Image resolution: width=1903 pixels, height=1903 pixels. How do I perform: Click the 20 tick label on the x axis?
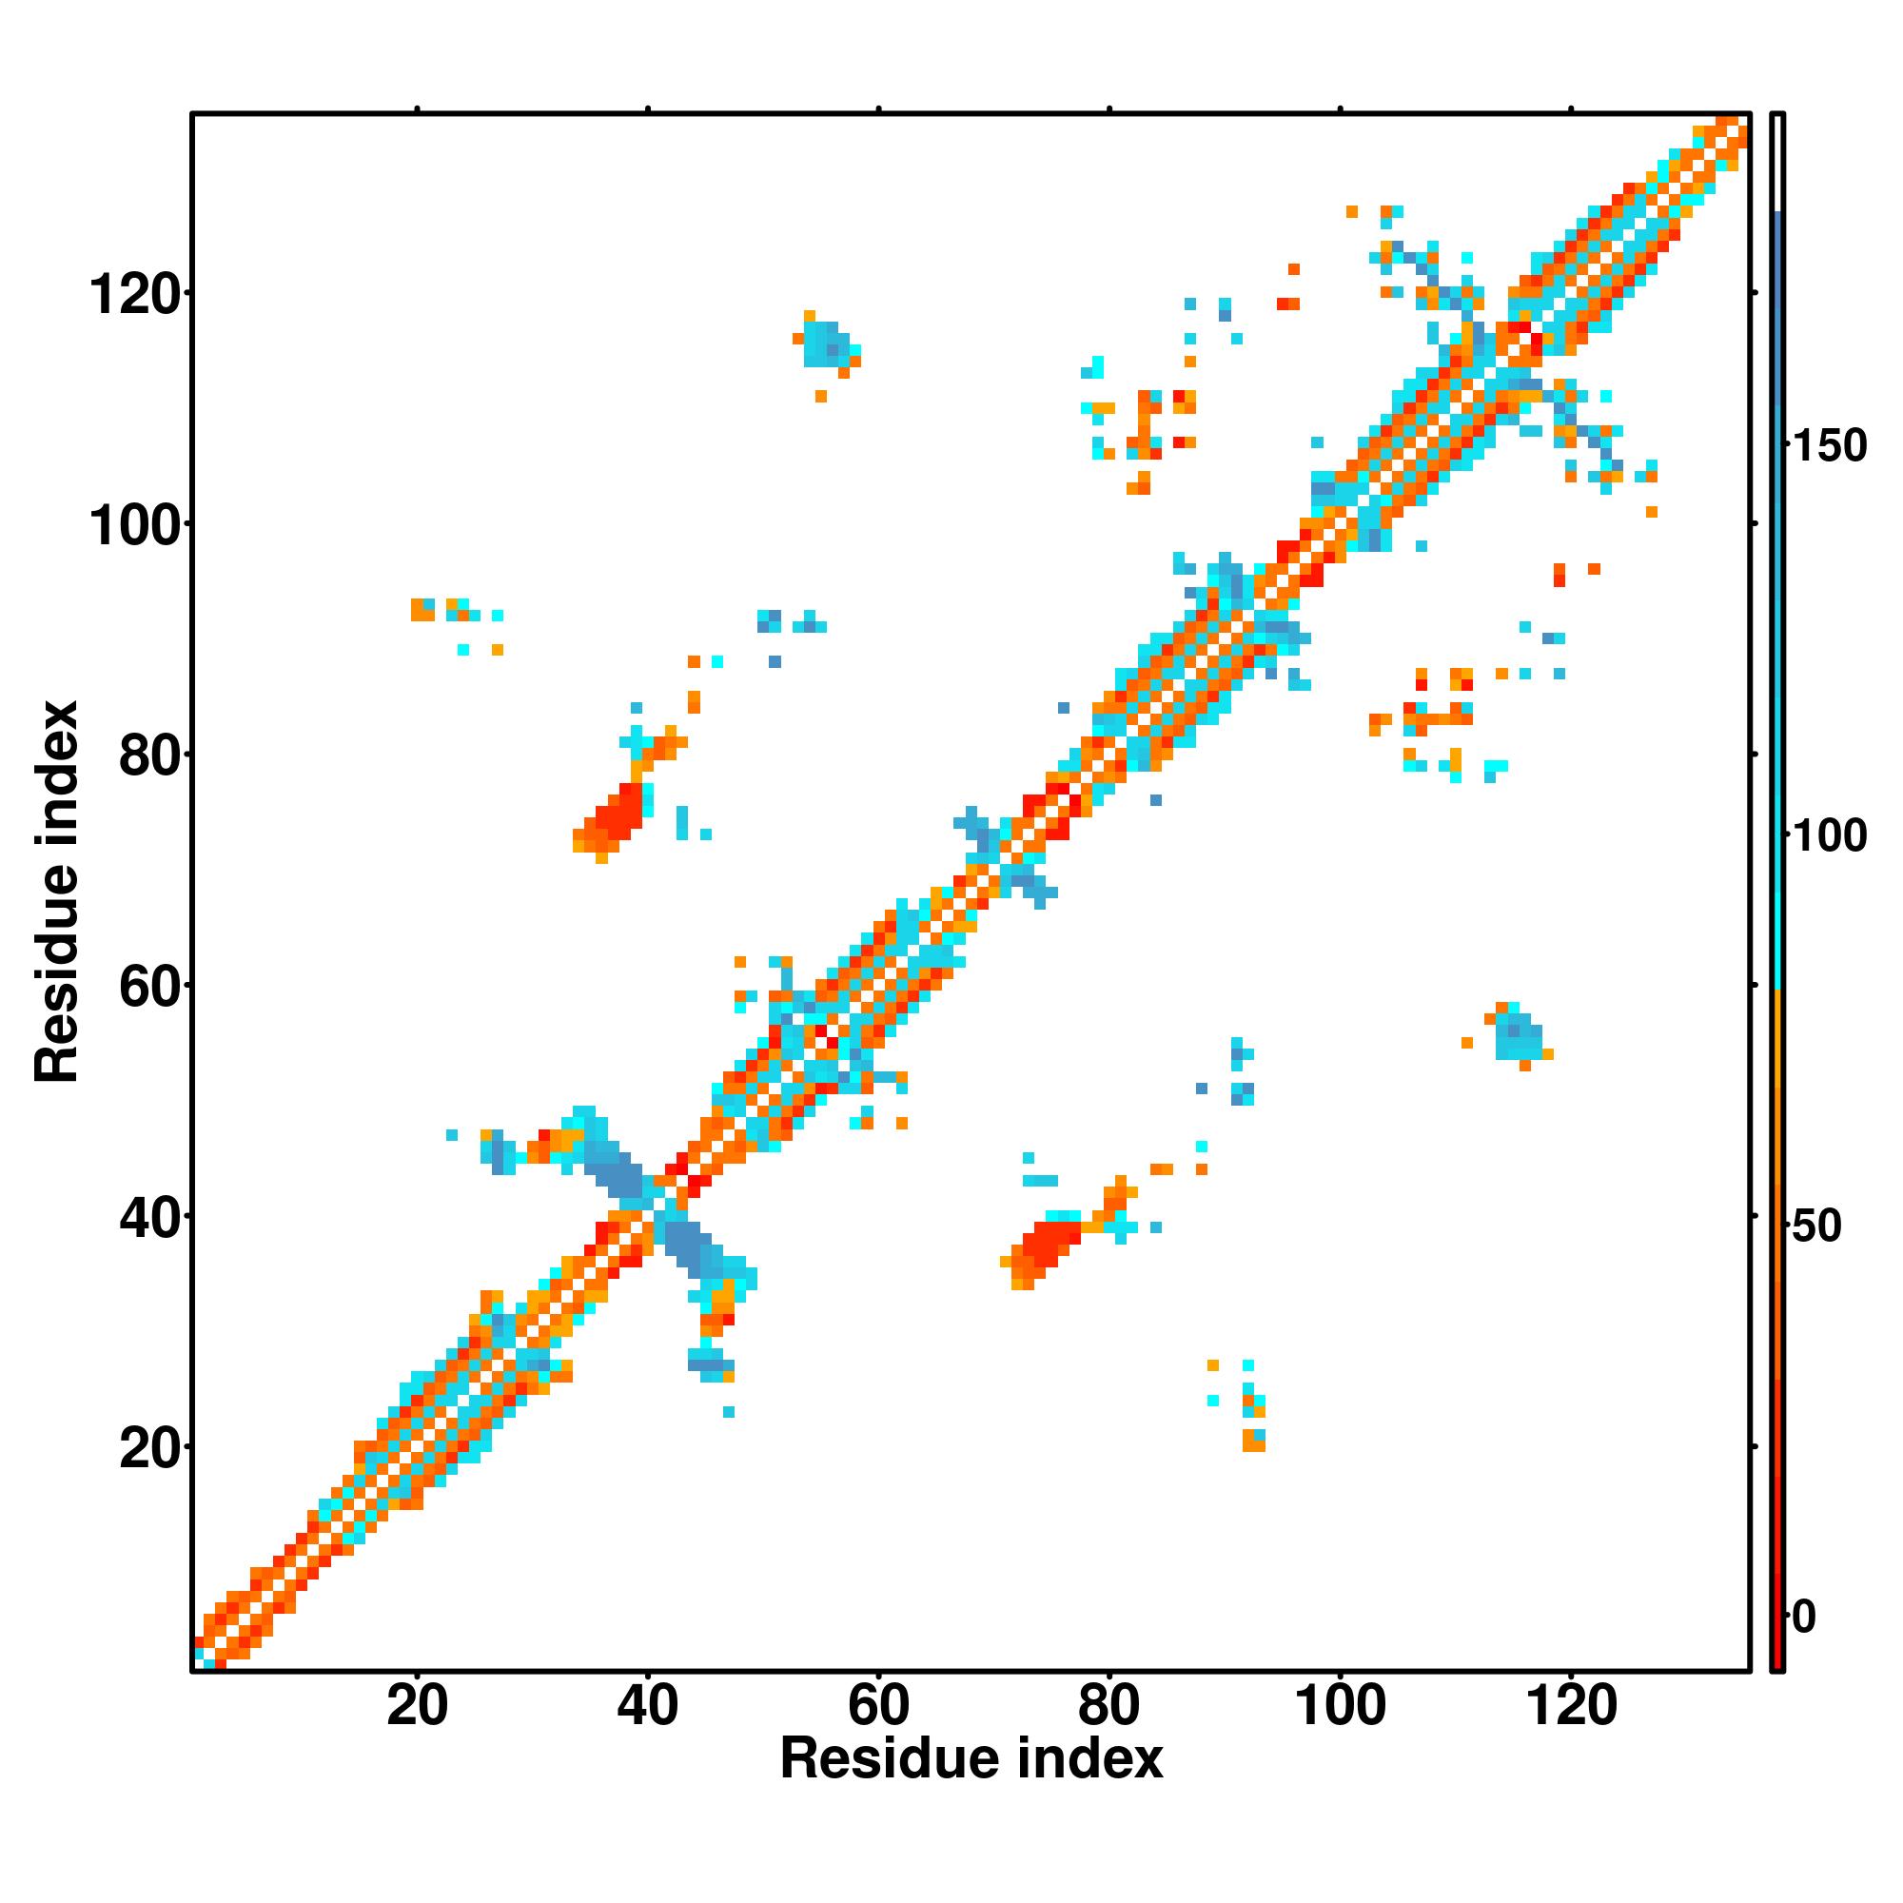[x=417, y=1705]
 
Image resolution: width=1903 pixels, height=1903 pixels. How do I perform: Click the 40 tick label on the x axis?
[x=647, y=1705]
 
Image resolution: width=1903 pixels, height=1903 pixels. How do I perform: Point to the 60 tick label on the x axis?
[x=877, y=1705]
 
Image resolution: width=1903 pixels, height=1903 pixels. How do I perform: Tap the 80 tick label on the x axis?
[x=1108, y=1705]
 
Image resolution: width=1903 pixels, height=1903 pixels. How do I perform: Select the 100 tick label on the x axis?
[x=1339, y=1705]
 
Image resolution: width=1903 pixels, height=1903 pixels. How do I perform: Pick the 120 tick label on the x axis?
[x=1570, y=1705]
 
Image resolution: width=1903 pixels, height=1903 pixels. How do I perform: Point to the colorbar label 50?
[x=1818, y=1226]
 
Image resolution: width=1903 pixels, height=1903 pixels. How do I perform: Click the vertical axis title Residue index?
[x=57, y=893]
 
